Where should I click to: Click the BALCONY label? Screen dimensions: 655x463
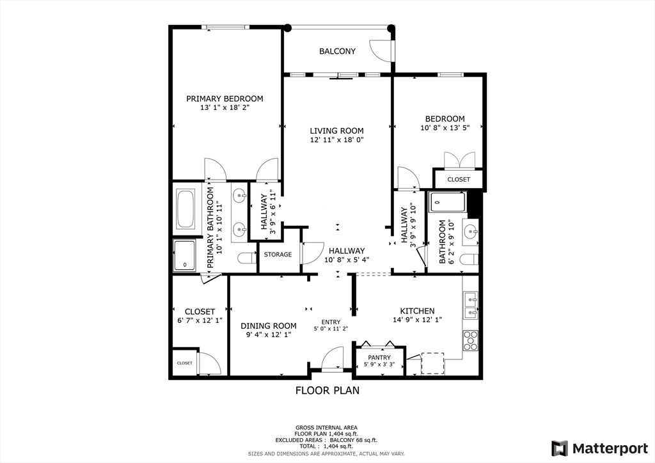click(337, 51)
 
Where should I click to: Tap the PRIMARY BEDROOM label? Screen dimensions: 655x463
click(225, 99)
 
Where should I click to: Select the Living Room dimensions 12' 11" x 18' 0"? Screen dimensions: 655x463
click(337, 140)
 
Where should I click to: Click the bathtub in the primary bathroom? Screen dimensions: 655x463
click(185, 209)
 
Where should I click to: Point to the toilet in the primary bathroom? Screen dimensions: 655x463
click(247, 258)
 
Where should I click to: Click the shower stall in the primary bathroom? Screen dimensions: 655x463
click(185, 255)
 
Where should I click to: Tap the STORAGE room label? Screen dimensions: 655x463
click(278, 255)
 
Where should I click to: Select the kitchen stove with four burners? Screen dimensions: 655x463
click(470, 340)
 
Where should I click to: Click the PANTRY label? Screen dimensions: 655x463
click(379, 357)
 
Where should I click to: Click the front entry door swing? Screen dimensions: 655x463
click(333, 358)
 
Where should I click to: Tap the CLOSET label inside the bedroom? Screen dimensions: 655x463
click(459, 180)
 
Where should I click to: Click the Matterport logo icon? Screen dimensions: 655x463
click(560, 448)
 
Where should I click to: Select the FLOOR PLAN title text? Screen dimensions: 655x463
click(327, 391)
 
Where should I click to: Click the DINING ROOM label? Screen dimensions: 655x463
click(269, 326)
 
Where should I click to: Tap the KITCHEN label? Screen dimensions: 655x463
click(417, 311)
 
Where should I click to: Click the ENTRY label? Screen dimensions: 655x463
click(331, 322)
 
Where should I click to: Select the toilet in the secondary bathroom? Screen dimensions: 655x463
click(469, 259)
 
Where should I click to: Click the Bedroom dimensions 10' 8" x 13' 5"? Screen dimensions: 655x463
click(445, 128)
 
